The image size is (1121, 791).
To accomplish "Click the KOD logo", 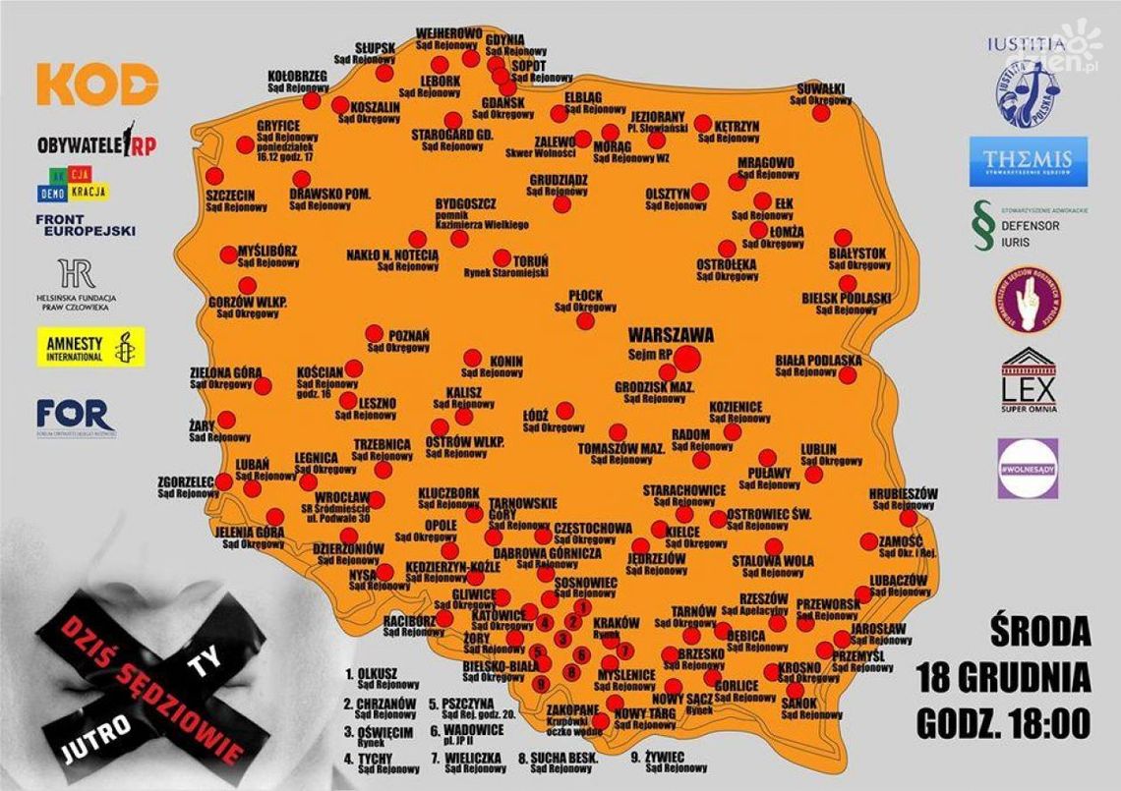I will [97, 85].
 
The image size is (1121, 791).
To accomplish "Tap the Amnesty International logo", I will [90, 347].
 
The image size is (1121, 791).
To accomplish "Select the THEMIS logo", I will [1028, 162].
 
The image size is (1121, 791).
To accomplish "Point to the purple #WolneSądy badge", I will [1028, 468].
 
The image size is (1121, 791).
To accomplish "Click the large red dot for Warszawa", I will [687, 359].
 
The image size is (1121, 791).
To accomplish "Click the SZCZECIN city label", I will [230, 196].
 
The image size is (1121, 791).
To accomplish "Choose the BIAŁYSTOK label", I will [857, 254].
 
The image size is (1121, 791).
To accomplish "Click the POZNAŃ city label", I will [410, 335].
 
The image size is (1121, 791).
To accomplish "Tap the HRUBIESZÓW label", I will [903, 493].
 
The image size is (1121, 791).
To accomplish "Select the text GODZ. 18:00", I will [1003, 726].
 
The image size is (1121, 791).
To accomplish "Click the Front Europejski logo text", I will [86, 225].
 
